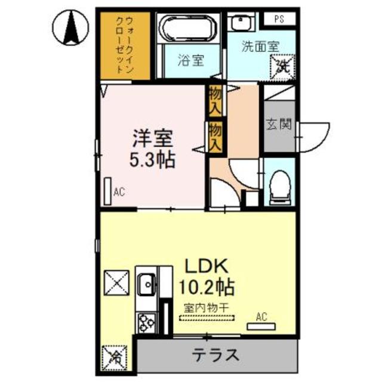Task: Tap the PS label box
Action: [279, 19]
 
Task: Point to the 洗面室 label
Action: [260, 45]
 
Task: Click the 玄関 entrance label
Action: [279, 125]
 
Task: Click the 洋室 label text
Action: [153, 138]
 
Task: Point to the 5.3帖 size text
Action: [153, 160]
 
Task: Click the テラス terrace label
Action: [215, 355]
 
